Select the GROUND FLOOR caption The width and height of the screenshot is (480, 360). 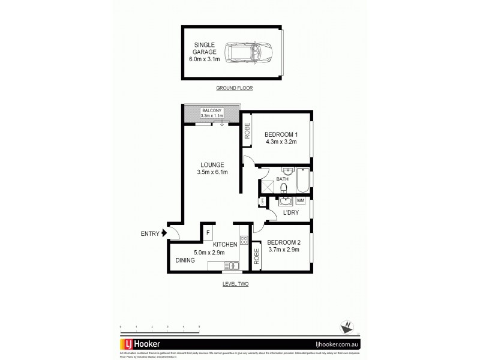pyautogui.click(x=235, y=88)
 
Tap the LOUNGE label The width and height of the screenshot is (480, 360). pyautogui.click(x=210, y=169)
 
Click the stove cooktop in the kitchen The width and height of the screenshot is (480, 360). pyautogui.click(x=244, y=241)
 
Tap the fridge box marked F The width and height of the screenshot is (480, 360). pyautogui.click(x=208, y=232)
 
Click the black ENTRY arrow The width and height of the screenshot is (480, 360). pyautogui.click(x=164, y=234)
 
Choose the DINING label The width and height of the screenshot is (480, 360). pyautogui.click(x=185, y=261)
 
